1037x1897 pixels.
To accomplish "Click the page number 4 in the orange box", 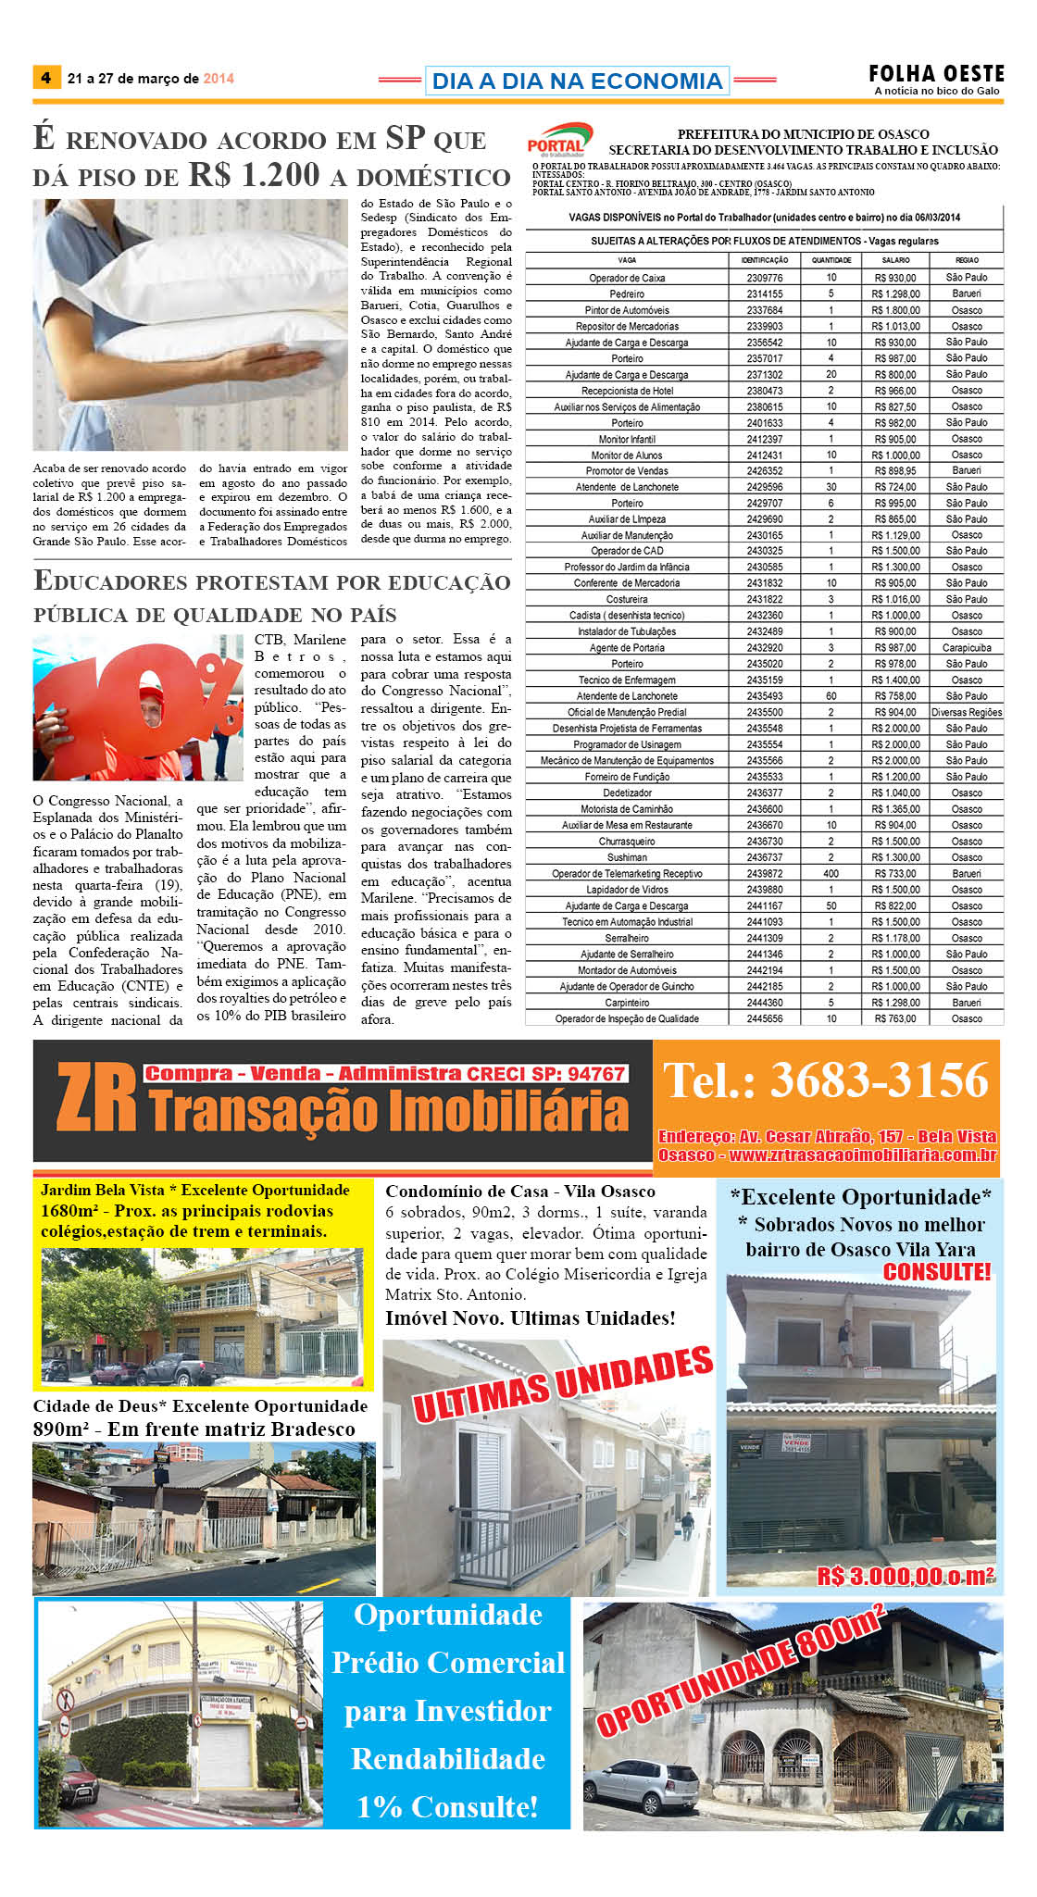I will tap(45, 78).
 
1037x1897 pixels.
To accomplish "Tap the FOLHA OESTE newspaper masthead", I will tap(936, 74).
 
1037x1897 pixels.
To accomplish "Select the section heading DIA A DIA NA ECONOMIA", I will tap(577, 81).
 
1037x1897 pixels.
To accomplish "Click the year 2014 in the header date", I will tap(219, 79).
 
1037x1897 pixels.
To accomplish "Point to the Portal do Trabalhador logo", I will tap(558, 139).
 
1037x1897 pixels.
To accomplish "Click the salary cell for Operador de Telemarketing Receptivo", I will tap(895, 874).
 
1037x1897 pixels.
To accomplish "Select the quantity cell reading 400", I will tap(831, 874).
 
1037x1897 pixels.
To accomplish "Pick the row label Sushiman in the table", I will tap(627, 858).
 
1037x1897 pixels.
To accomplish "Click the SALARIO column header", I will tap(895, 260).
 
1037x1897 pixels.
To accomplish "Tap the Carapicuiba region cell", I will tap(967, 648).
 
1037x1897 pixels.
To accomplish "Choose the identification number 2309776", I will tap(764, 278).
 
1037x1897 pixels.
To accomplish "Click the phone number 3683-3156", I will tap(879, 1080).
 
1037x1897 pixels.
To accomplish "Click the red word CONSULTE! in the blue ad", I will tap(936, 1272).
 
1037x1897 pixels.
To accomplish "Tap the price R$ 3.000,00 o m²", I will tap(905, 1576).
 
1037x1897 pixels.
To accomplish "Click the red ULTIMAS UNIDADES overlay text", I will tap(563, 1385).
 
